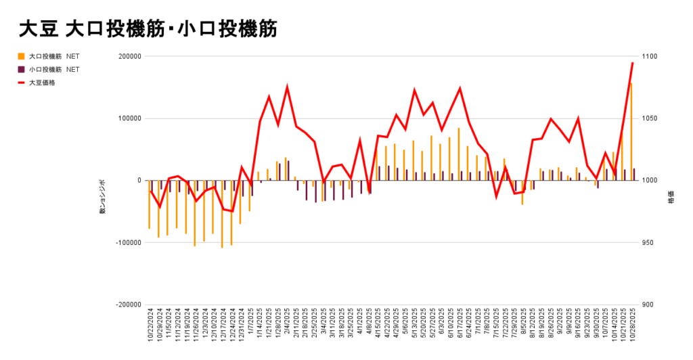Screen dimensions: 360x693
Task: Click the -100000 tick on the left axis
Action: (126, 242)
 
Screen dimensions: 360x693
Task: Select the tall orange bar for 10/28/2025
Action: (631, 132)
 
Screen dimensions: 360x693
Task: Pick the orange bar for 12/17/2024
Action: (222, 214)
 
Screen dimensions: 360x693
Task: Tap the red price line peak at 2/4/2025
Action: (287, 87)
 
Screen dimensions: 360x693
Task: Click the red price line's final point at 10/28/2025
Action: (632, 63)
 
